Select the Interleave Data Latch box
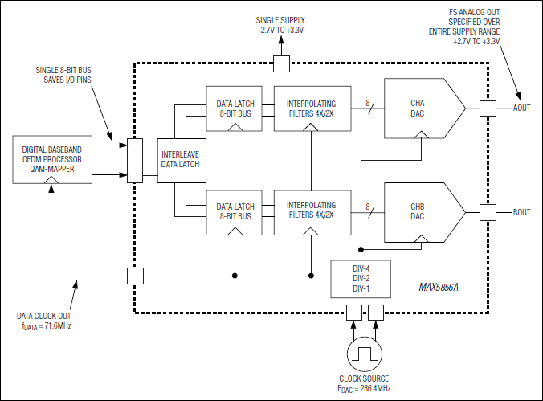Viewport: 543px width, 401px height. (181, 159)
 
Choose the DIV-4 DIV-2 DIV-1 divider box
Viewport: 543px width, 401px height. (360, 277)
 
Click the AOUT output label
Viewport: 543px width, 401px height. (522, 108)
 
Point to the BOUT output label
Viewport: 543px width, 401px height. (522, 213)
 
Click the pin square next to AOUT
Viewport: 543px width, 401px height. (486, 108)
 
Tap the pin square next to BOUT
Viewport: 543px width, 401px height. (486, 212)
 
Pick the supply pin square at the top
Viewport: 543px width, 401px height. (281, 63)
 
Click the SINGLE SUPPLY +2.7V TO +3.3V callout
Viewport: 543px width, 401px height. (280, 24)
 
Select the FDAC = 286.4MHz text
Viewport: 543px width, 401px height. (366, 388)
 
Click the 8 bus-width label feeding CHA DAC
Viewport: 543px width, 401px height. (368, 104)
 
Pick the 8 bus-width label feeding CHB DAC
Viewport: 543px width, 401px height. (368, 207)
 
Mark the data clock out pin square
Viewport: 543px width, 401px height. (136, 276)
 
